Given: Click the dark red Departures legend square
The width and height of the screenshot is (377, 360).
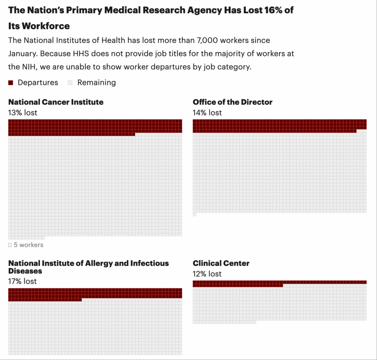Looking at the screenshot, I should [x=11, y=83].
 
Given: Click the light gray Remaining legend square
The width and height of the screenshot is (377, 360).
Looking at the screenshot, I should [x=70, y=83].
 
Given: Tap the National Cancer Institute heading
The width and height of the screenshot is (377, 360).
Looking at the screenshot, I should [x=56, y=102].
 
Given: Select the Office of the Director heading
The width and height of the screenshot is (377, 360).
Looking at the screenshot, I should [x=232, y=102].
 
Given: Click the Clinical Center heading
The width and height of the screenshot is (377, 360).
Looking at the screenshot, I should [x=221, y=263].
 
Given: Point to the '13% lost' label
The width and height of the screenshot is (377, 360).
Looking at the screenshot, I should [x=22, y=113].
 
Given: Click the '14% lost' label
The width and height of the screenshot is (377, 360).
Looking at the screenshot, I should [x=207, y=113].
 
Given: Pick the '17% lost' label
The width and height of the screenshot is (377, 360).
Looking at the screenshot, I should [x=22, y=281].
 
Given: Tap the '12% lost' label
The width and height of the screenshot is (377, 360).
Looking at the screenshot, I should [x=207, y=274].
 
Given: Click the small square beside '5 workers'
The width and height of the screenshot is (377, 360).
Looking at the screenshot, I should [x=10, y=245].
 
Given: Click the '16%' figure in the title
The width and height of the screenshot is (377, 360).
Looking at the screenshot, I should [x=272, y=10].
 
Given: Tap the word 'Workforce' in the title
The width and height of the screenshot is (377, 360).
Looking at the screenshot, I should [x=46, y=26].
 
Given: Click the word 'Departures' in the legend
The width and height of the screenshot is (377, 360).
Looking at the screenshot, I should [x=38, y=83].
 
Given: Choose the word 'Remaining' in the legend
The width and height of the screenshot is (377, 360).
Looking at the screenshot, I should [x=96, y=83].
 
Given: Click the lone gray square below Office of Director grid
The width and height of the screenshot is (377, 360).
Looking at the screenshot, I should [x=194, y=214].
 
